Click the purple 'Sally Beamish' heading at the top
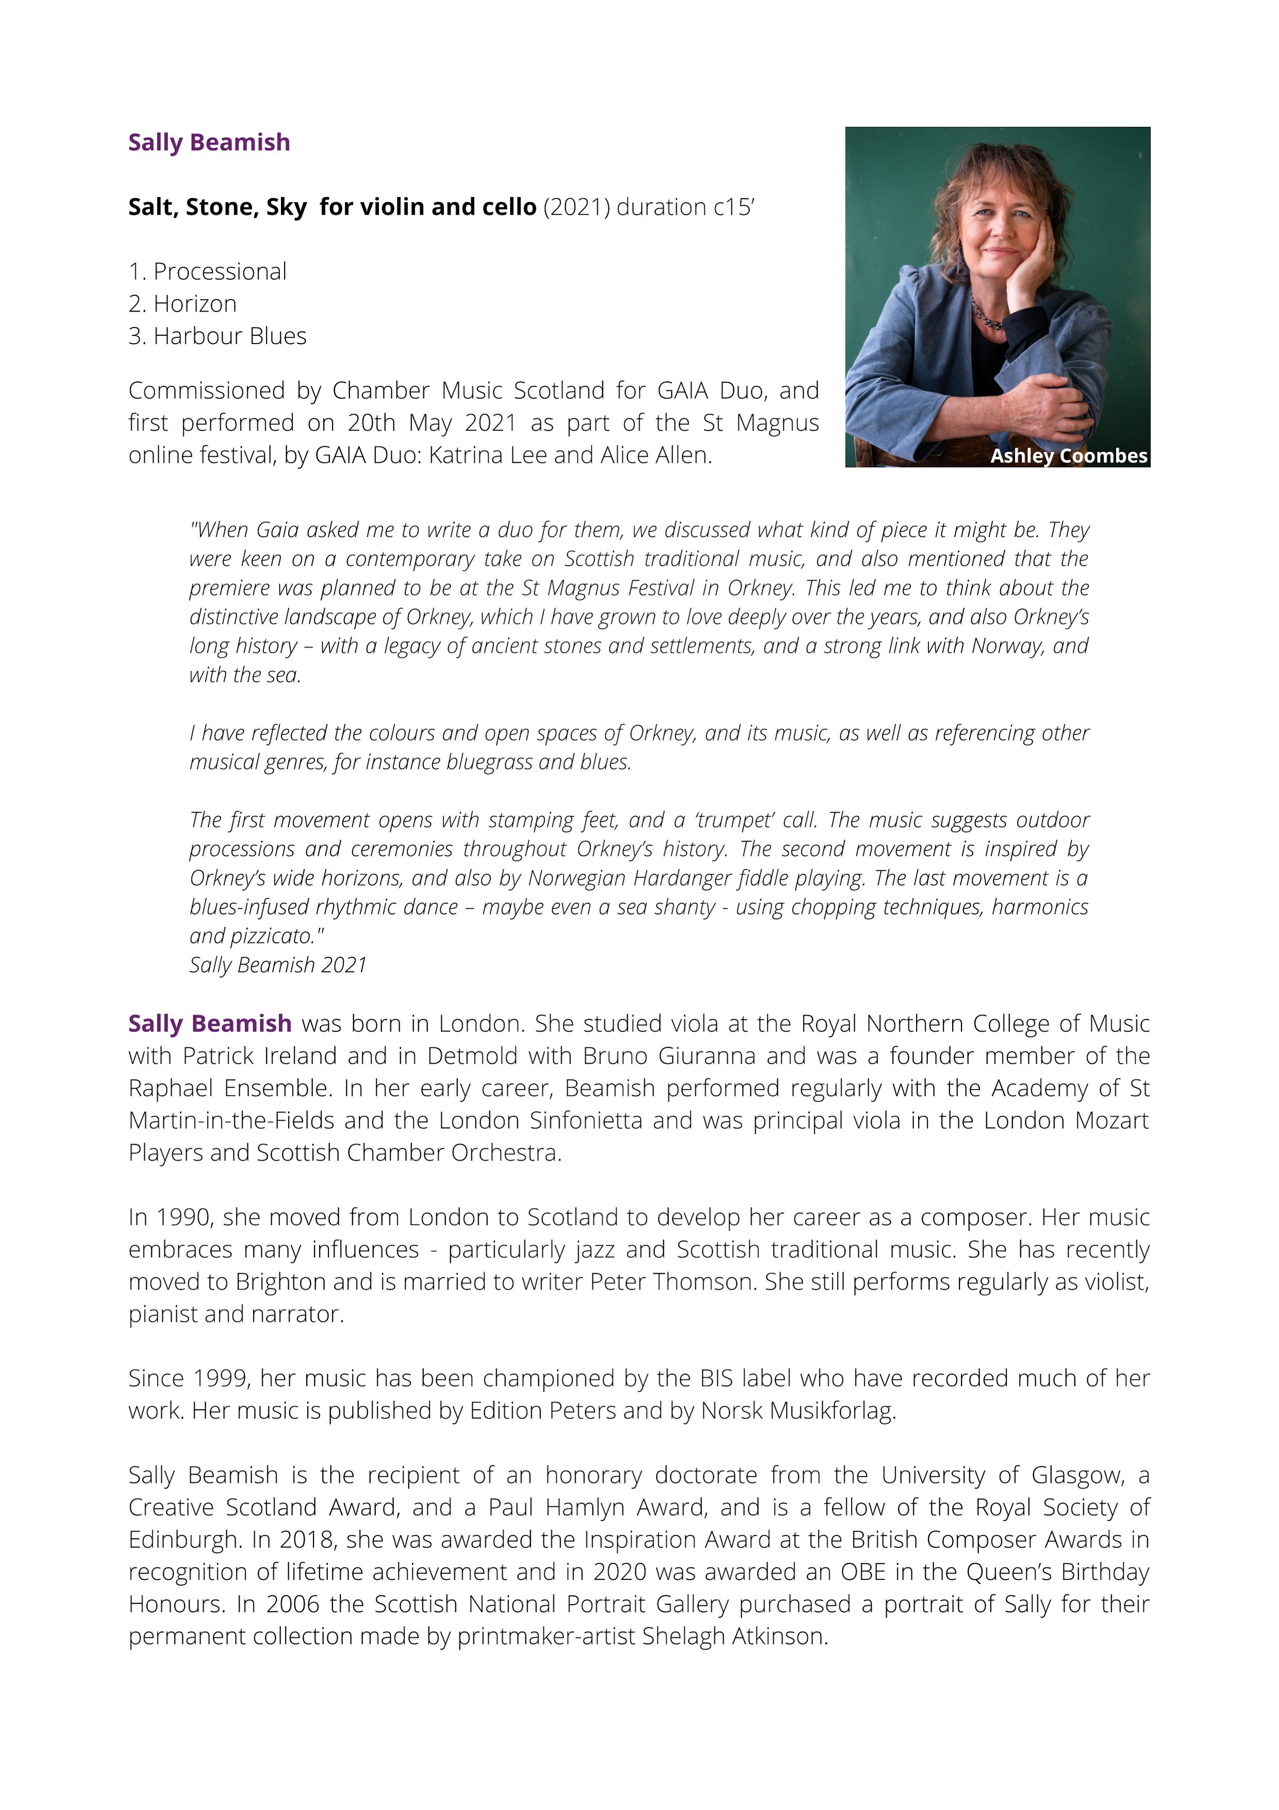(209, 143)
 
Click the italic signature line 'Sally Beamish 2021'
(277, 965)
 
